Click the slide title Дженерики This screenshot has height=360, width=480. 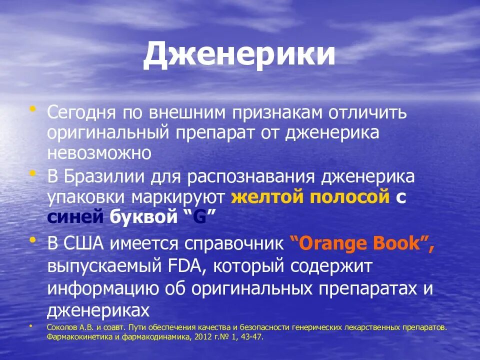(x=239, y=55)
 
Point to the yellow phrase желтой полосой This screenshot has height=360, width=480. (x=310, y=197)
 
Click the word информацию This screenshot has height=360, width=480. (x=110, y=289)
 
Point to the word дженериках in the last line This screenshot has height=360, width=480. (x=98, y=310)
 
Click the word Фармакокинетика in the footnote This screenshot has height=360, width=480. (x=75, y=337)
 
